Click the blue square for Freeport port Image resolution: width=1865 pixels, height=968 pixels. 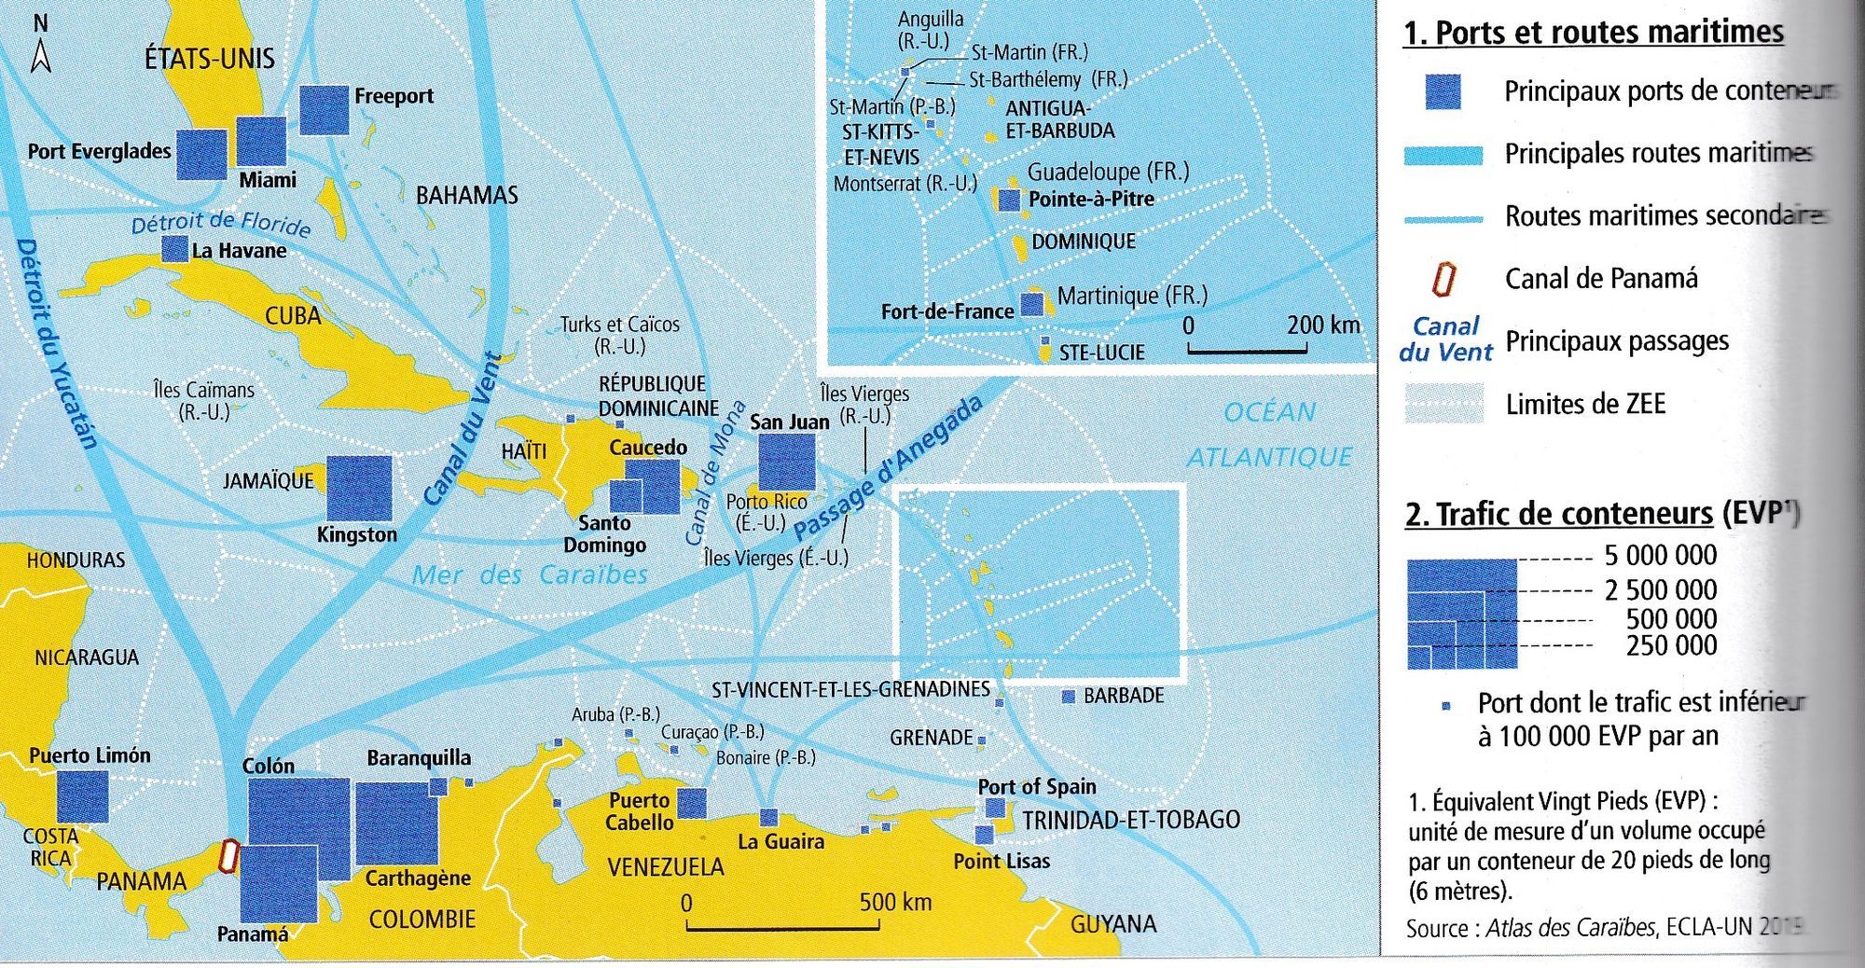point(325,110)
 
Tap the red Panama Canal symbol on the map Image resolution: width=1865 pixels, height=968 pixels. point(228,856)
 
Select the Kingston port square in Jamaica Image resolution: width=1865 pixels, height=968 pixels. point(360,488)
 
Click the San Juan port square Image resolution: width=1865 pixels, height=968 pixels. point(786,462)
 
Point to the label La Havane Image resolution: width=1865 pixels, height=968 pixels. point(239,251)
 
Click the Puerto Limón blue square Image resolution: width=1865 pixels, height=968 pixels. point(83,797)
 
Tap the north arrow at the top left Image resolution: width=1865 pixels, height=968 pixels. point(40,47)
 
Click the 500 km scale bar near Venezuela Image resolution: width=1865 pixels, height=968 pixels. point(782,927)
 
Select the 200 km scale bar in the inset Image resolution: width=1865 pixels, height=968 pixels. point(1247,350)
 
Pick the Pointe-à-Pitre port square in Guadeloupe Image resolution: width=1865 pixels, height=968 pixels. point(1009,200)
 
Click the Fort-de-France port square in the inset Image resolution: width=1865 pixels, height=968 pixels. point(1031,305)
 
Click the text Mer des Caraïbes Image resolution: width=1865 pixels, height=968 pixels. point(530,574)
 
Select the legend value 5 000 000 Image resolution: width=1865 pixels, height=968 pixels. point(1660,556)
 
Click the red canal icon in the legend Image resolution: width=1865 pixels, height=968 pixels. point(1444,279)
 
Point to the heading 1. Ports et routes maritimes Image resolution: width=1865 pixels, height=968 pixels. point(1593,33)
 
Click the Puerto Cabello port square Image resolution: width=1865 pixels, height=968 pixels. point(691,803)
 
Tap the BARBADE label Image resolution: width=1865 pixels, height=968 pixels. point(1123,696)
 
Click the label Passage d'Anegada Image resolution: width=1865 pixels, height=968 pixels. point(888,469)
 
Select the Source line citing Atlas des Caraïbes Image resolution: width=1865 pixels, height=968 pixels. point(1604,928)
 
